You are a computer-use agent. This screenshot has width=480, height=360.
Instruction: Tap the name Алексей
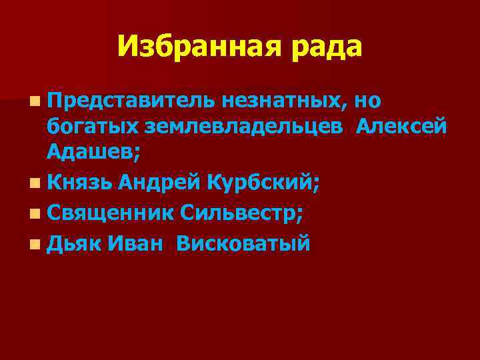tap(401, 127)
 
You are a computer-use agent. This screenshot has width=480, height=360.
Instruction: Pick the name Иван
tap(135, 243)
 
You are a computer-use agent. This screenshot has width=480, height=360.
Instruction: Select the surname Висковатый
tap(243, 243)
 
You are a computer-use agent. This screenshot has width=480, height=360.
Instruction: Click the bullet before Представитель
tap(34, 101)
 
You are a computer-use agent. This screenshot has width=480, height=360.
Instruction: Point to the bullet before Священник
tap(34, 214)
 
